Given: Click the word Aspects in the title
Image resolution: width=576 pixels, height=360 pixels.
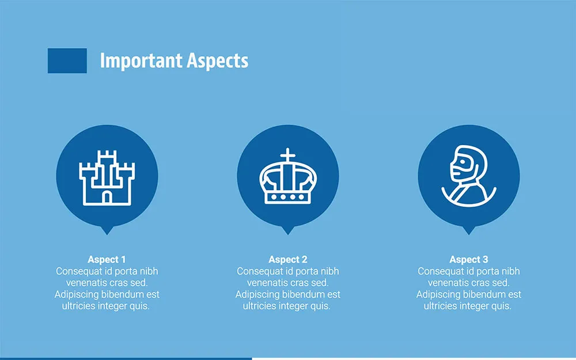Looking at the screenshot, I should coord(217,60).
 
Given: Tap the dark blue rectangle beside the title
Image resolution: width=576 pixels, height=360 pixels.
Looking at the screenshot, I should coord(67,60).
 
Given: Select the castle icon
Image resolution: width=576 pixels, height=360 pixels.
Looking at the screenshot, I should coord(107,177).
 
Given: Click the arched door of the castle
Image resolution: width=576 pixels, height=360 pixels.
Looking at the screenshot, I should coord(107,196).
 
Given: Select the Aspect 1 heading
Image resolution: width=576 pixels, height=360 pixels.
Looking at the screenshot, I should coord(107,260).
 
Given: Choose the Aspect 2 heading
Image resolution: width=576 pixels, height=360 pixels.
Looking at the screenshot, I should coord(287,260).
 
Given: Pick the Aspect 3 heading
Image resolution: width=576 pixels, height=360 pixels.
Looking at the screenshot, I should coord(468,260).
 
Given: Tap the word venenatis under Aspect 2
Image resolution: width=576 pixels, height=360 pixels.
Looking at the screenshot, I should coord(267,283).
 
